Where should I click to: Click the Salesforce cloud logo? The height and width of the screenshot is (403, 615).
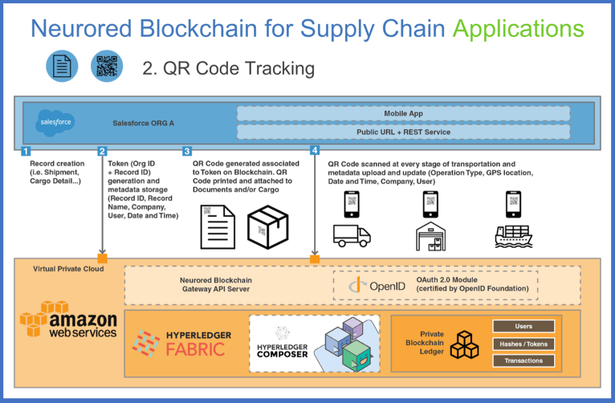point(55,123)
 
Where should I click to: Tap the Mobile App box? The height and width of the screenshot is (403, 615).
point(403,114)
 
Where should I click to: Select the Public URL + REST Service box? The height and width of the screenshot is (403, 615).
point(403,132)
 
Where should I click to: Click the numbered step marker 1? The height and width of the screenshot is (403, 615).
point(26,151)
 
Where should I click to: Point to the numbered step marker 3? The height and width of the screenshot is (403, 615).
point(187,151)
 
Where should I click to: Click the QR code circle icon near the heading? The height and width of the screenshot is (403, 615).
point(107,66)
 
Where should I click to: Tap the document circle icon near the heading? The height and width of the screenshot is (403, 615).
point(62,66)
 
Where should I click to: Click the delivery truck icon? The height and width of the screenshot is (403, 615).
point(352,235)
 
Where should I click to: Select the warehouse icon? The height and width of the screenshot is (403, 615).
point(430,236)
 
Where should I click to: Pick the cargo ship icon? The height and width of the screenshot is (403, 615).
point(513,236)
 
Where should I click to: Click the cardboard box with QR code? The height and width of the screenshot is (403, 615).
point(268,227)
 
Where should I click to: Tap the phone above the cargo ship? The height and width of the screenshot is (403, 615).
point(513,204)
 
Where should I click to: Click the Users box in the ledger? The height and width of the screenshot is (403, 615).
point(523,326)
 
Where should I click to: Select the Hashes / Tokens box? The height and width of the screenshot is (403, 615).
point(523,344)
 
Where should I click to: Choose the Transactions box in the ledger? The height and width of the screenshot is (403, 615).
point(523,360)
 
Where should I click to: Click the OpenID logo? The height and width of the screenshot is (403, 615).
point(377,286)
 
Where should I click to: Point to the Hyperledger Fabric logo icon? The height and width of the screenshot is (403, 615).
point(146,344)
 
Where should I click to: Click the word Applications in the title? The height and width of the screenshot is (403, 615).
point(519,29)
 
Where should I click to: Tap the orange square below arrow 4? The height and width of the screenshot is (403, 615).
point(315,259)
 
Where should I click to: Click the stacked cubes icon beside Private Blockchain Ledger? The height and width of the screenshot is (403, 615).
point(464,345)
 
